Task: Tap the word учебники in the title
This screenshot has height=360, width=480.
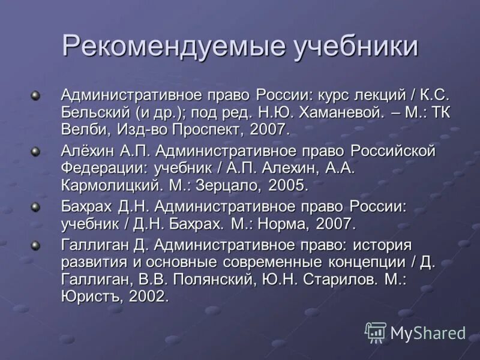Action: pos(355,46)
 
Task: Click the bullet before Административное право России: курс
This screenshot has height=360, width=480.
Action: pos(36,95)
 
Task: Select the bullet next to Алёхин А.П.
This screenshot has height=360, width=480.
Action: pos(36,151)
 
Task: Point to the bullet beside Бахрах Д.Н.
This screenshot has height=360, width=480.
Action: pos(36,206)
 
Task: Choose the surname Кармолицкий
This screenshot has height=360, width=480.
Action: pos(121,185)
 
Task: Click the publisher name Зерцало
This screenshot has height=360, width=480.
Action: pos(229,185)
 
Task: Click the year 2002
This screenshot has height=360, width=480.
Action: pos(146,296)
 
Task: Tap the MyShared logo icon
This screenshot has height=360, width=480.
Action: pos(376,332)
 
